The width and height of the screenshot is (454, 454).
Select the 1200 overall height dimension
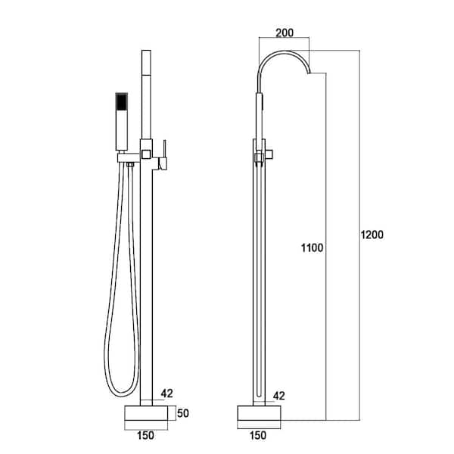click(371, 235)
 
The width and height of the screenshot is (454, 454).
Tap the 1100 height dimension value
click(312, 247)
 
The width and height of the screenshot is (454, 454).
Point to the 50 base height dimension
click(183, 413)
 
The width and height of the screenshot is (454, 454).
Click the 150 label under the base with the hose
click(148, 437)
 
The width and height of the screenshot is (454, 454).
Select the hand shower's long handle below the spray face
click(121, 132)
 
